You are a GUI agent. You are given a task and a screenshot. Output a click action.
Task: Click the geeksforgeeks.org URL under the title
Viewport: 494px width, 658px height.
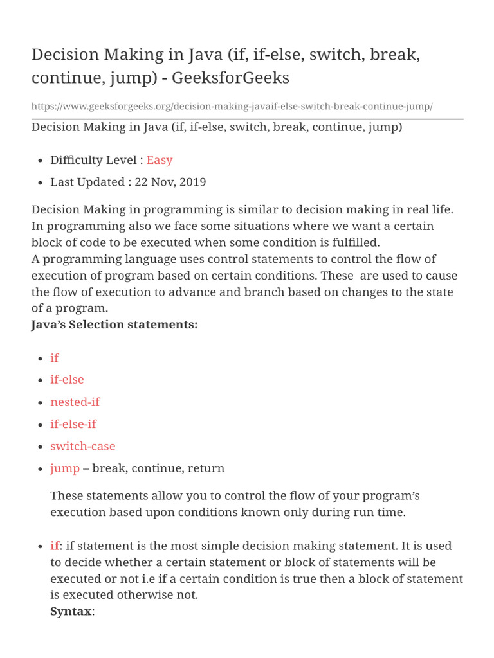coord(232,106)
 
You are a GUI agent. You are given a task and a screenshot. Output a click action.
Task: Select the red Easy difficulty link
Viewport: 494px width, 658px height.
coord(160,160)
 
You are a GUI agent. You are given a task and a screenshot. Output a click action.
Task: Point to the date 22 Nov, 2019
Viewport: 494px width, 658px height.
coord(170,182)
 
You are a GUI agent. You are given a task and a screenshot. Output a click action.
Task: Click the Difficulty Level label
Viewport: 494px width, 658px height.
coord(96,160)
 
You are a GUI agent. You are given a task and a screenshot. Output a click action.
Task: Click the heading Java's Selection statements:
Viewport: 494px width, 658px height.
coord(114,325)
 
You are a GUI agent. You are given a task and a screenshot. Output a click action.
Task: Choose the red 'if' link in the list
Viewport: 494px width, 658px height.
coord(54,358)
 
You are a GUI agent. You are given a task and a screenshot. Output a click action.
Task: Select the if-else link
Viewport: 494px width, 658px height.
coord(67,380)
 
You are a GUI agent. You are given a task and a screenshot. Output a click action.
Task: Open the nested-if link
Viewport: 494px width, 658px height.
coord(75,402)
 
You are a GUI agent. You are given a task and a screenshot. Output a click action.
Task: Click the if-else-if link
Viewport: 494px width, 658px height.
coord(73,424)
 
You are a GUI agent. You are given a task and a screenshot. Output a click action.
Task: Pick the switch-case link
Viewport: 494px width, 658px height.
coord(83,446)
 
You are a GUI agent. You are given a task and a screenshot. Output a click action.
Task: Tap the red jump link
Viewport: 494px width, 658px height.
coord(65,468)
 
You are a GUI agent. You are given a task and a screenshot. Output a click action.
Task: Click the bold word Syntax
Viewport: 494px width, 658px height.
coord(71,611)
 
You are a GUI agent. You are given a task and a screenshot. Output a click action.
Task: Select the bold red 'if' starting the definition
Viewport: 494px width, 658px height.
coord(55,546)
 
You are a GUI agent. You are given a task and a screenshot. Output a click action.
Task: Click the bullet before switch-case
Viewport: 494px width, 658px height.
coord(41,447)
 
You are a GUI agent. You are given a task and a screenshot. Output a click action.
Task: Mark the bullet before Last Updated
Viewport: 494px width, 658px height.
coord(41,182)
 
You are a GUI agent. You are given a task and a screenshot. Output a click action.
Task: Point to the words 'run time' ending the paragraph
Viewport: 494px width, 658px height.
coord(383,512)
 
